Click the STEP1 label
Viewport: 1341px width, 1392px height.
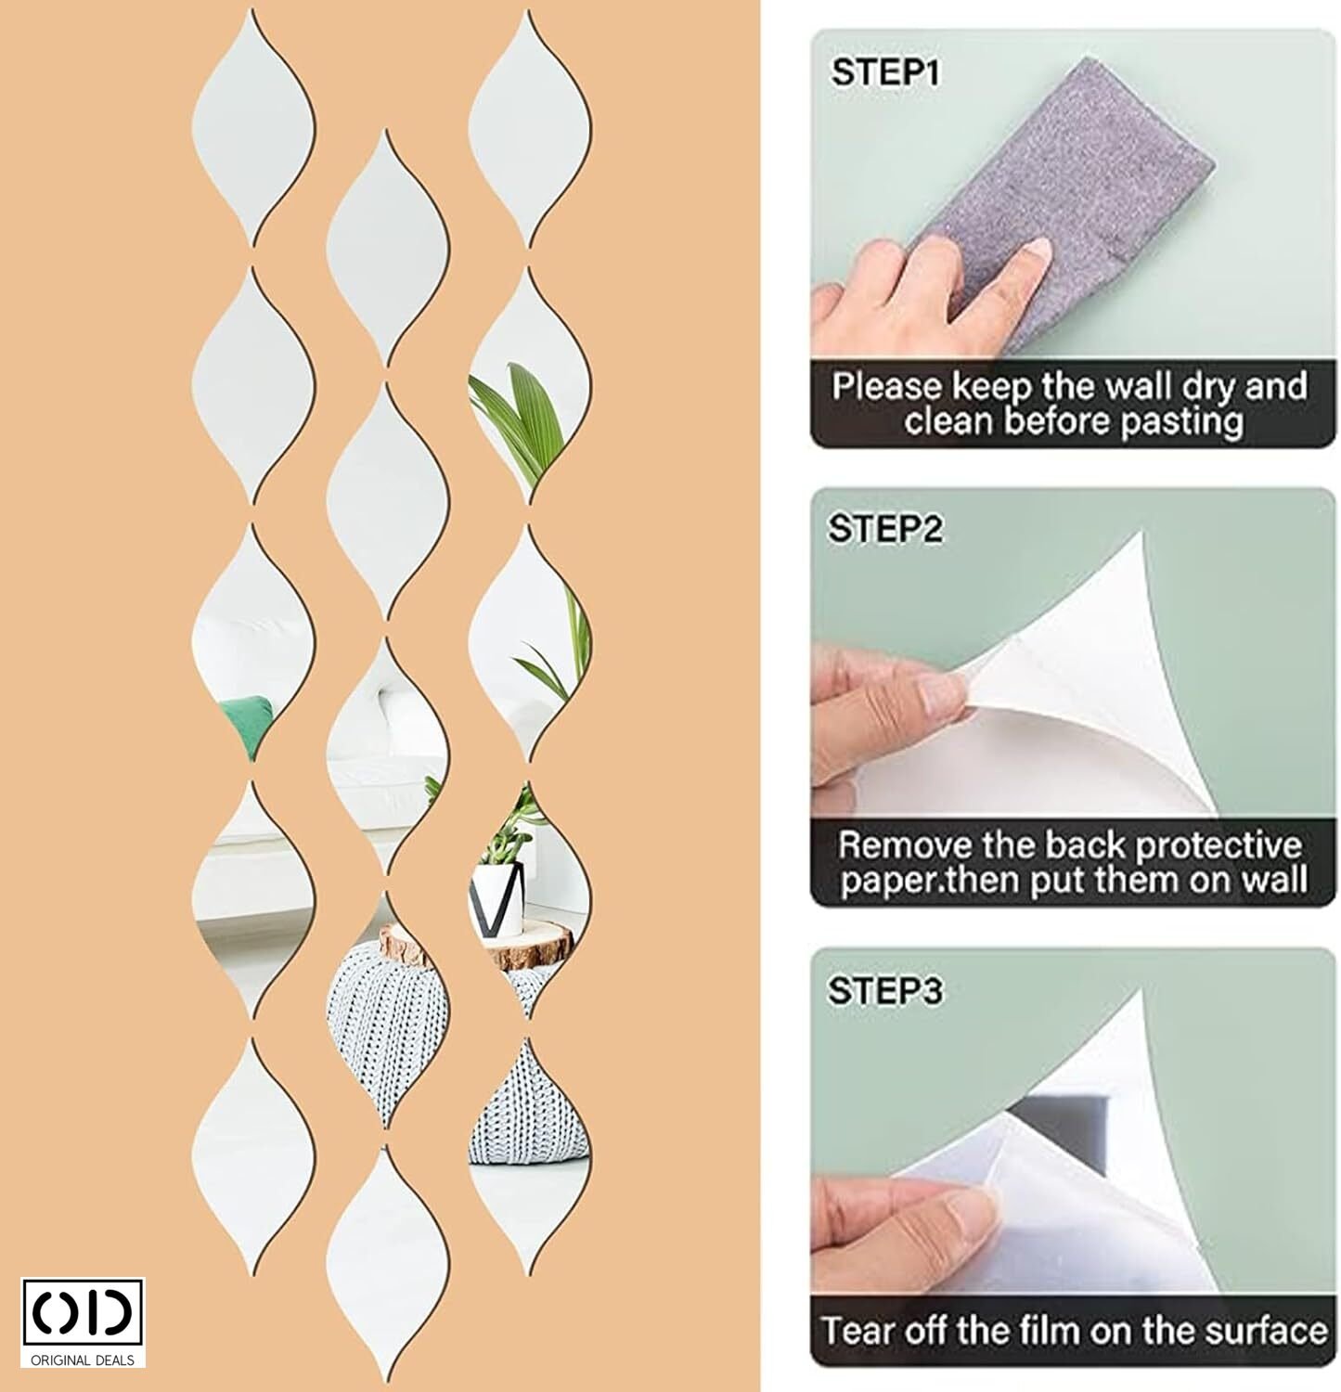pos(885,72)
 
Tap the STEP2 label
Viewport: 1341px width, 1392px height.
pos(885,529)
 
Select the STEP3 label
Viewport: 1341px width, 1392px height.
pos(885,990)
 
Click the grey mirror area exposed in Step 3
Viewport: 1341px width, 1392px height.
pos(1058,1123)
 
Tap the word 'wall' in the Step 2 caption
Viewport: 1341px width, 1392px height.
pos(1270,880)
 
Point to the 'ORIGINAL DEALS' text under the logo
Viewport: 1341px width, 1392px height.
pos(83,1360)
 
